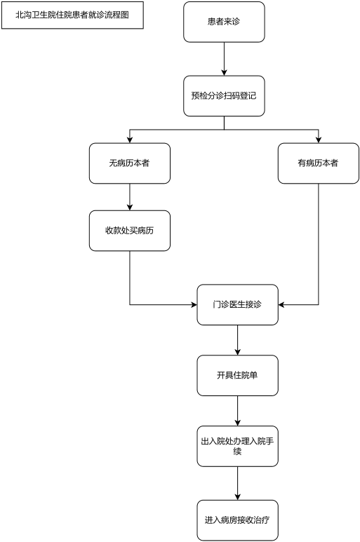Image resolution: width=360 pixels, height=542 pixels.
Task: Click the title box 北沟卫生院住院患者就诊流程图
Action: (72, 15)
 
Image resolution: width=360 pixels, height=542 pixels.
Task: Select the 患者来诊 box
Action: (224, 22)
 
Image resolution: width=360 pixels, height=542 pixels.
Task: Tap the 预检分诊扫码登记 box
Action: (224, 96)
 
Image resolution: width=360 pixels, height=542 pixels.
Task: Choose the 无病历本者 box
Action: (130, 163)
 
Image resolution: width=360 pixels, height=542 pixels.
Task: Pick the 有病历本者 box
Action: (319, 163)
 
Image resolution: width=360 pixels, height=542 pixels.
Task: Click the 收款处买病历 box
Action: (130, 231)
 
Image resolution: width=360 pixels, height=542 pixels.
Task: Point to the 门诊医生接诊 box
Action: (238, 304)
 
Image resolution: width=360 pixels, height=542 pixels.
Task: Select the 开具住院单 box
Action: (238, 375)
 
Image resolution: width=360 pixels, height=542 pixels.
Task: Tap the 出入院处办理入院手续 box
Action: (238, 446)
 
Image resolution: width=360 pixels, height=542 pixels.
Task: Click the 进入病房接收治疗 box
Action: (238, 520)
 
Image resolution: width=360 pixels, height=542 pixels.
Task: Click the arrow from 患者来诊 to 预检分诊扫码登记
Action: (224, 59)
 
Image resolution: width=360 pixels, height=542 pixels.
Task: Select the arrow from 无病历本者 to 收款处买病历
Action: (130, 197)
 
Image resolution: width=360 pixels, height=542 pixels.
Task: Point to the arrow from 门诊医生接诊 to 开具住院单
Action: (238, 340)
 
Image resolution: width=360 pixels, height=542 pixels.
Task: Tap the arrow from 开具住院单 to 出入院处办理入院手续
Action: (238, 411)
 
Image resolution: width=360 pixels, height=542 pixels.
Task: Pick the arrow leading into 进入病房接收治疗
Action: (238, 483)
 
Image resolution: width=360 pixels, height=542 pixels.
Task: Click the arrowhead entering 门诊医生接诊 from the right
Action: (281, 304)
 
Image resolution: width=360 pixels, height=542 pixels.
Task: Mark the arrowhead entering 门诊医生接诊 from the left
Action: (194, 304)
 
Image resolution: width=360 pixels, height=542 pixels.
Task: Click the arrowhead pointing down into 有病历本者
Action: (319, 140)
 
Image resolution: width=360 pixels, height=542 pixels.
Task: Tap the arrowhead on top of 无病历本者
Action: (130, 140)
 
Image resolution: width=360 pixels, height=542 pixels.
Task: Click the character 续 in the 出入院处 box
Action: (237, 452)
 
